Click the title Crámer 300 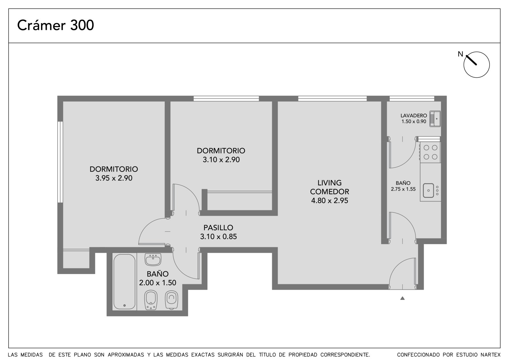(x=55, y=25)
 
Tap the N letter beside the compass (x=460, y=54)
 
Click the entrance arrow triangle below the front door (x=402, y=298)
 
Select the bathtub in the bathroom (x=124, y=282)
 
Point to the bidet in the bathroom (x=151, y=300)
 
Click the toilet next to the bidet (x=171, y=300)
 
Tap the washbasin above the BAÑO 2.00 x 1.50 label (x=153, y=259)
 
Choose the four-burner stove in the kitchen (x=430, y=152)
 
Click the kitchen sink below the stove (x=429, y=190)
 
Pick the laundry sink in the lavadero (x=435, y=119)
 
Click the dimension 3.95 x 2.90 (x=114, y=178)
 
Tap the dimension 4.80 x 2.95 (x=330, y=201)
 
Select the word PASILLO (x=218, y=228)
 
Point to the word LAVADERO (x=414, y=116)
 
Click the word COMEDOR (x=330, y=192)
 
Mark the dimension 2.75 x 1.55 (x=403, y=189)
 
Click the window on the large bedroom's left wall (x=60, y=162)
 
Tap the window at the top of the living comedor (x=332, y=98)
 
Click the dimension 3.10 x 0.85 (x=218, y=236)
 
